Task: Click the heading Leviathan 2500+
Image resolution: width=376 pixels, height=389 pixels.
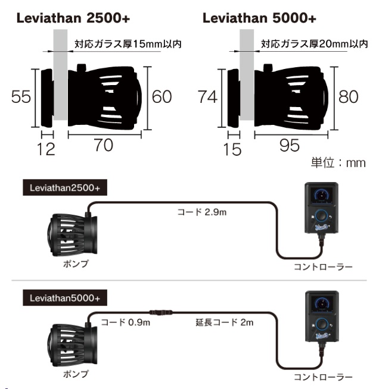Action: click(x=73, y=18)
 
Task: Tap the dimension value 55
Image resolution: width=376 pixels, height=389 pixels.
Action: click(x=21, y=96)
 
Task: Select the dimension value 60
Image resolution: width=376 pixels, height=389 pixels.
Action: click(x=162, y=96)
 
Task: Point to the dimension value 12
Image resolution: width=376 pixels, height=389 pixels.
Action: click(x=46, y=148)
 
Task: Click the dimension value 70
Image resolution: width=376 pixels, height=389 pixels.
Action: click(x=104, y=145)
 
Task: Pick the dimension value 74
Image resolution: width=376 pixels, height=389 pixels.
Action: click(x=208, y=96)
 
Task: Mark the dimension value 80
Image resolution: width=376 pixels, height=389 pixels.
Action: click(x=349, y=96)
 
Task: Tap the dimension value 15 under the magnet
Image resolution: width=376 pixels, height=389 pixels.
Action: click(x=232, y=148)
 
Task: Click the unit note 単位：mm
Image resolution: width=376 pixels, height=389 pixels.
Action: click(x=337, y=162)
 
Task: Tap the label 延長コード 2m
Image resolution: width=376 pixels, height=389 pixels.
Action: click(x=224, y=322)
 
